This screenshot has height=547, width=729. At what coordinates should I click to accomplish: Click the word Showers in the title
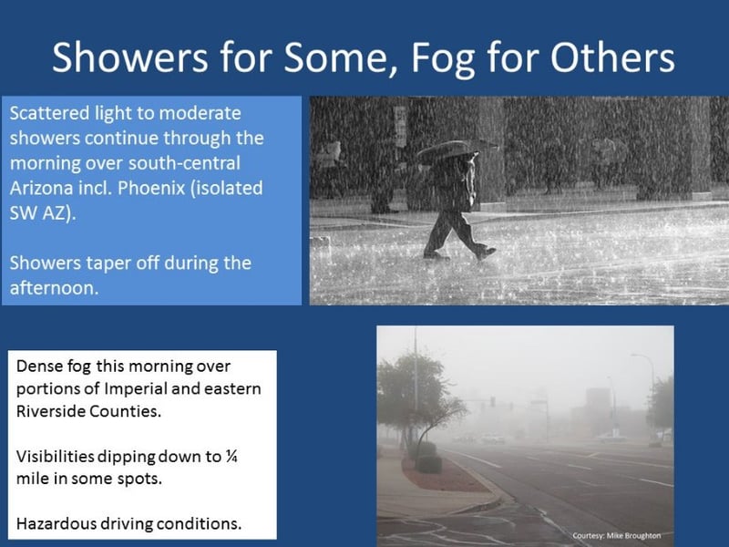[129, 57]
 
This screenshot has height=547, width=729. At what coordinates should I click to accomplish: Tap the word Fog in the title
[443, 58]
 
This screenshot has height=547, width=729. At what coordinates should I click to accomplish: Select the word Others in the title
[612, 57]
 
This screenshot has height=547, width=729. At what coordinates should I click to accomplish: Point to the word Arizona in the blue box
[40, 189]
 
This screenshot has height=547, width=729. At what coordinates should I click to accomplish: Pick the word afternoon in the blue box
[54, 288]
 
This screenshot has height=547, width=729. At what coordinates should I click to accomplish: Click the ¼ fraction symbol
[231, 457]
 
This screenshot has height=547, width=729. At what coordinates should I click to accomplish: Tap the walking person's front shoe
[486, 253]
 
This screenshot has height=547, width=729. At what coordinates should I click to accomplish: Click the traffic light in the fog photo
[492, 402]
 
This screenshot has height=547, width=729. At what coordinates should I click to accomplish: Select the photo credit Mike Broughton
[633, 536]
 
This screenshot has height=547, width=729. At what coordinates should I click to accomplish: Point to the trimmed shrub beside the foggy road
[428, 464]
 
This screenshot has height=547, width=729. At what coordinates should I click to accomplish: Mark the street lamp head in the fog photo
[636, 356]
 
